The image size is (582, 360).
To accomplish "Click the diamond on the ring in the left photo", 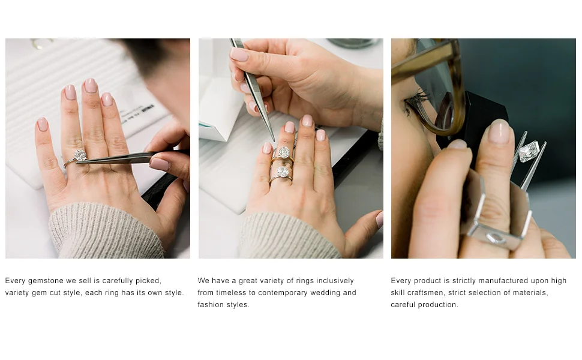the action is (x=80, y=155).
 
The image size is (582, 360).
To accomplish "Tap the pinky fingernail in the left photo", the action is (x=43, y=124).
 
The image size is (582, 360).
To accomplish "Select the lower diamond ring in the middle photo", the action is (x=282, y=175).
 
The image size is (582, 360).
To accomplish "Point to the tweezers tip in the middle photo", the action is (x=274, y=140).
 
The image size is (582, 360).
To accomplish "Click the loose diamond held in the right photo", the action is (x=529, y=151).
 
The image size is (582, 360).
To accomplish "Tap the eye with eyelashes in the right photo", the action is (x=415, y=103).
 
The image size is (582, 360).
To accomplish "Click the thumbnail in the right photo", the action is (x=499, y=131).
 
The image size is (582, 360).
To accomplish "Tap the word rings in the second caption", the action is (x=293, y=281).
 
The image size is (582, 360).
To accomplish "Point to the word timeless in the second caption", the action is (x=231, y=293).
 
